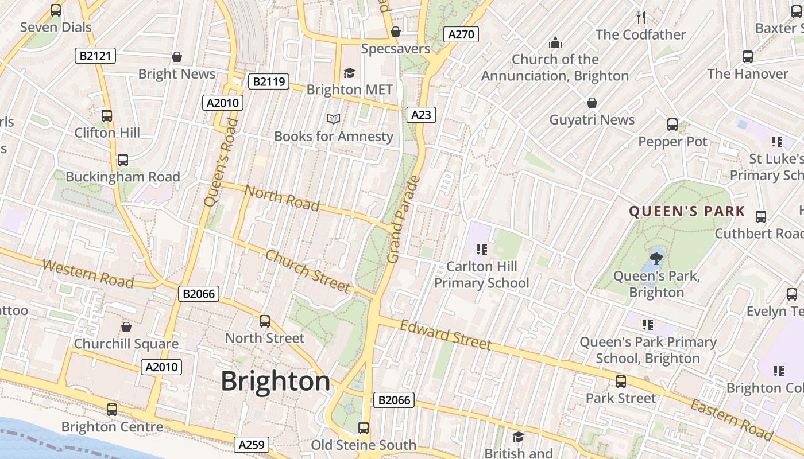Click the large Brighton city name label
(x=275, y=382)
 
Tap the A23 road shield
(x=421, y=115)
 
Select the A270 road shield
(x=461, y=34)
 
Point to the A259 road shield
(x=251, y=445)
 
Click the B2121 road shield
(x=95, y=56)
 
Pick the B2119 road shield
(x=268, y=81)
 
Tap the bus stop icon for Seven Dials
(x=56, y=10)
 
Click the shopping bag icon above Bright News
(x=177, y=57)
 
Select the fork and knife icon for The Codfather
(x=641, y=17)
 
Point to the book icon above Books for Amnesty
(x=334, y=119)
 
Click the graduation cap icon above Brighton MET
(x=349, y=73)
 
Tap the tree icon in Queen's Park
(x=656, y=258)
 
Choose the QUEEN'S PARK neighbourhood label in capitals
(x=687, y=212)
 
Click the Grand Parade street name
(x=404, y=220)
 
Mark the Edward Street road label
(x=446, y=335)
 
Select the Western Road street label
(x=88, y=274)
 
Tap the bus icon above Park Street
(x=620, y=382)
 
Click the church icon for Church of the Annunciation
(x=555, y=42)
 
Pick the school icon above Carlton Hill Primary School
(x=481, y=250)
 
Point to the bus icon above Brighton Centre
(x=112, y=410)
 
